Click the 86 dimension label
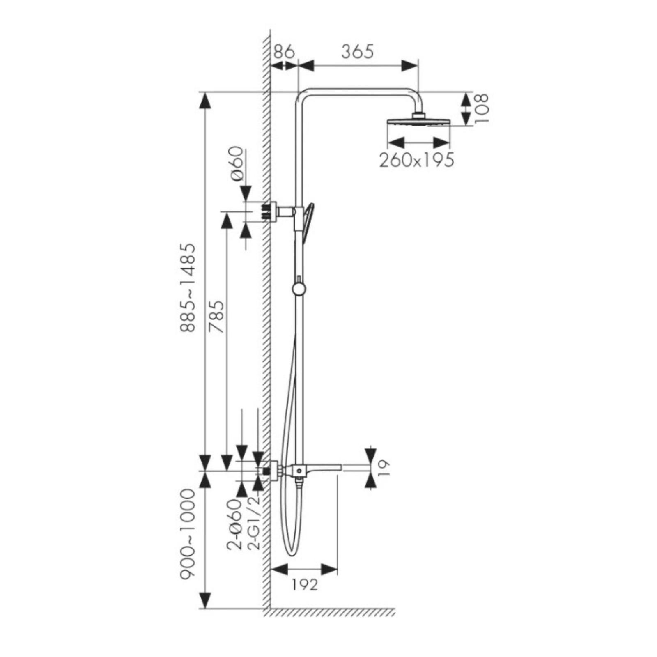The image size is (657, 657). (x=284, y=52)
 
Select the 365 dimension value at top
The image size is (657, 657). (x=357, y=52)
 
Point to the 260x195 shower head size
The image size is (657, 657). (x=416, y=160)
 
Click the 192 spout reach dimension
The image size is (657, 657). (x=306, y=584)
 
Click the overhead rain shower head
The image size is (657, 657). (x=418, y=122)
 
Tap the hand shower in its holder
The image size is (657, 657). (x=308, y=222)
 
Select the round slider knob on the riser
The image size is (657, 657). (x=299, y=289)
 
